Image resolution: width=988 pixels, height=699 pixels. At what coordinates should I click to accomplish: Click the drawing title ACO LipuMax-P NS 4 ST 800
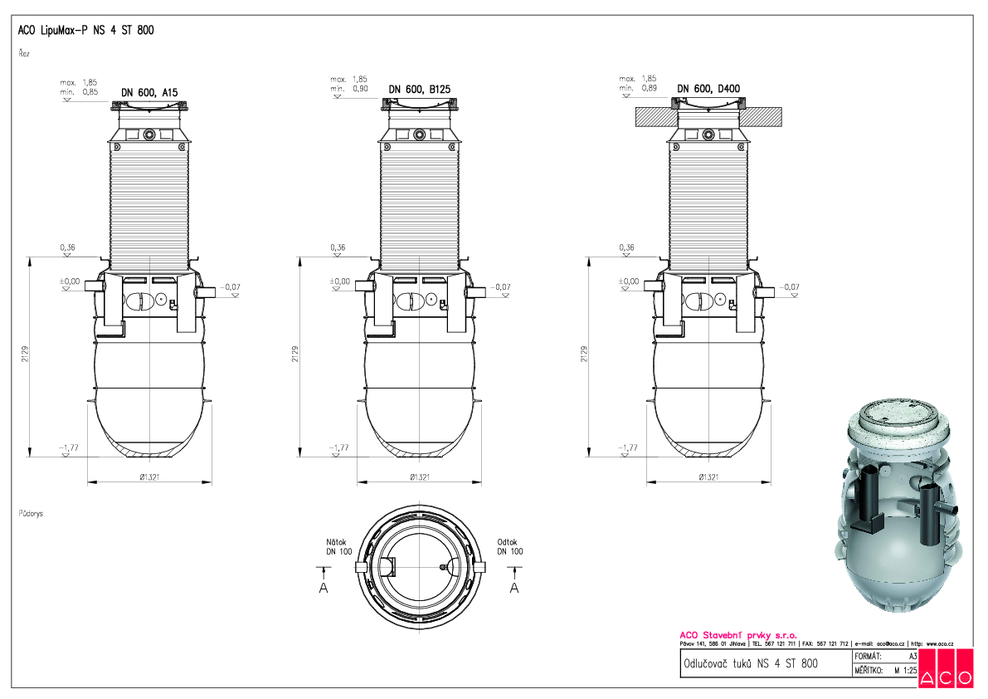tap(85, 31)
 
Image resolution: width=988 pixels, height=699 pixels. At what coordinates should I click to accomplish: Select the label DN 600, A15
tap(149, 92)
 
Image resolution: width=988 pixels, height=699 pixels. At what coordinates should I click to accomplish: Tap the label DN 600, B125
tap(419, 89)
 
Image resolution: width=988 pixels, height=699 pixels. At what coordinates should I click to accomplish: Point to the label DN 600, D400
tap(708, 89)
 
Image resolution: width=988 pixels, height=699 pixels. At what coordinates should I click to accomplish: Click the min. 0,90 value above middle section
tap(349, 89)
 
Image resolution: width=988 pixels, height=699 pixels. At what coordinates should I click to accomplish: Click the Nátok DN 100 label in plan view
tap(338, 545)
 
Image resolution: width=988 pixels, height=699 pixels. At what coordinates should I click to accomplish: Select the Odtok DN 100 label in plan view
tap(510, 545)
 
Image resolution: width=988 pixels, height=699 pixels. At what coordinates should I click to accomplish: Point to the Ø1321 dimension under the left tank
tap(149, 477)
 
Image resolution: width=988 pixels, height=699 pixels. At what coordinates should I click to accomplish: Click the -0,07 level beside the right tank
tap(789, 287)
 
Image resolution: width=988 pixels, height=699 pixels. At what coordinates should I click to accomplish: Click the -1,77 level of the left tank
tap(69, 447)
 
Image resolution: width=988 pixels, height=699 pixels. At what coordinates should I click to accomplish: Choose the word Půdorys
tap(31, 514)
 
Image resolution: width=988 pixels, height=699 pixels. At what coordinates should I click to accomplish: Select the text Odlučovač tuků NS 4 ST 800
tap(749, 663)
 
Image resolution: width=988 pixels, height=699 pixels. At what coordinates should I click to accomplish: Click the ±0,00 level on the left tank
tap(70, 281)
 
